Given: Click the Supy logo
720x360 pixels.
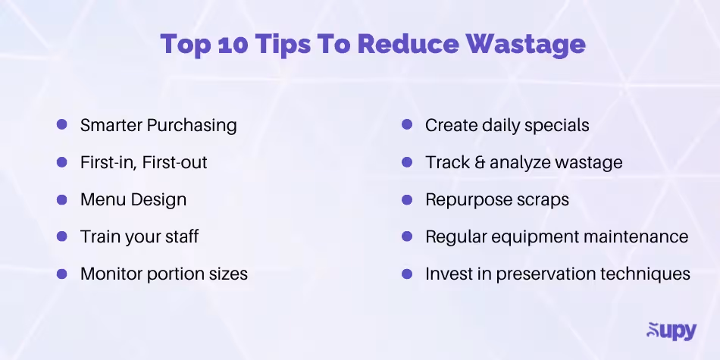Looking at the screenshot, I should pyautogui.click(x=671, y=331).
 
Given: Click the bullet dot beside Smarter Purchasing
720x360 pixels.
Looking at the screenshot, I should pyautogui.click(x=62, y=125).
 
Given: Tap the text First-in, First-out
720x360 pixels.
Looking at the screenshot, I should pyautogui.click(x=143, y=162).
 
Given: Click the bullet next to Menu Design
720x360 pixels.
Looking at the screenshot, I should pyautogui.click(x=62, y=199).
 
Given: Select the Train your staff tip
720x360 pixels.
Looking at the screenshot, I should pyautogui.click(x=139, y=236).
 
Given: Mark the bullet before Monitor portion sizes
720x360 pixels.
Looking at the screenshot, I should pyautogui.click(x=62, y=274).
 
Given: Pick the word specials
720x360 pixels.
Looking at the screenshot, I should pyautogui.click(x=557, y=126).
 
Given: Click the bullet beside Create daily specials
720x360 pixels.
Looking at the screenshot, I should pyautogui.click(x=407, y=125).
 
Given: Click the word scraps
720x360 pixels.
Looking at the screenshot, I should pyautogui.click(x=542, y=199).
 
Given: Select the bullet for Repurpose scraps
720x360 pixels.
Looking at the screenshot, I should pyautogui.click(x=407, y=199).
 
